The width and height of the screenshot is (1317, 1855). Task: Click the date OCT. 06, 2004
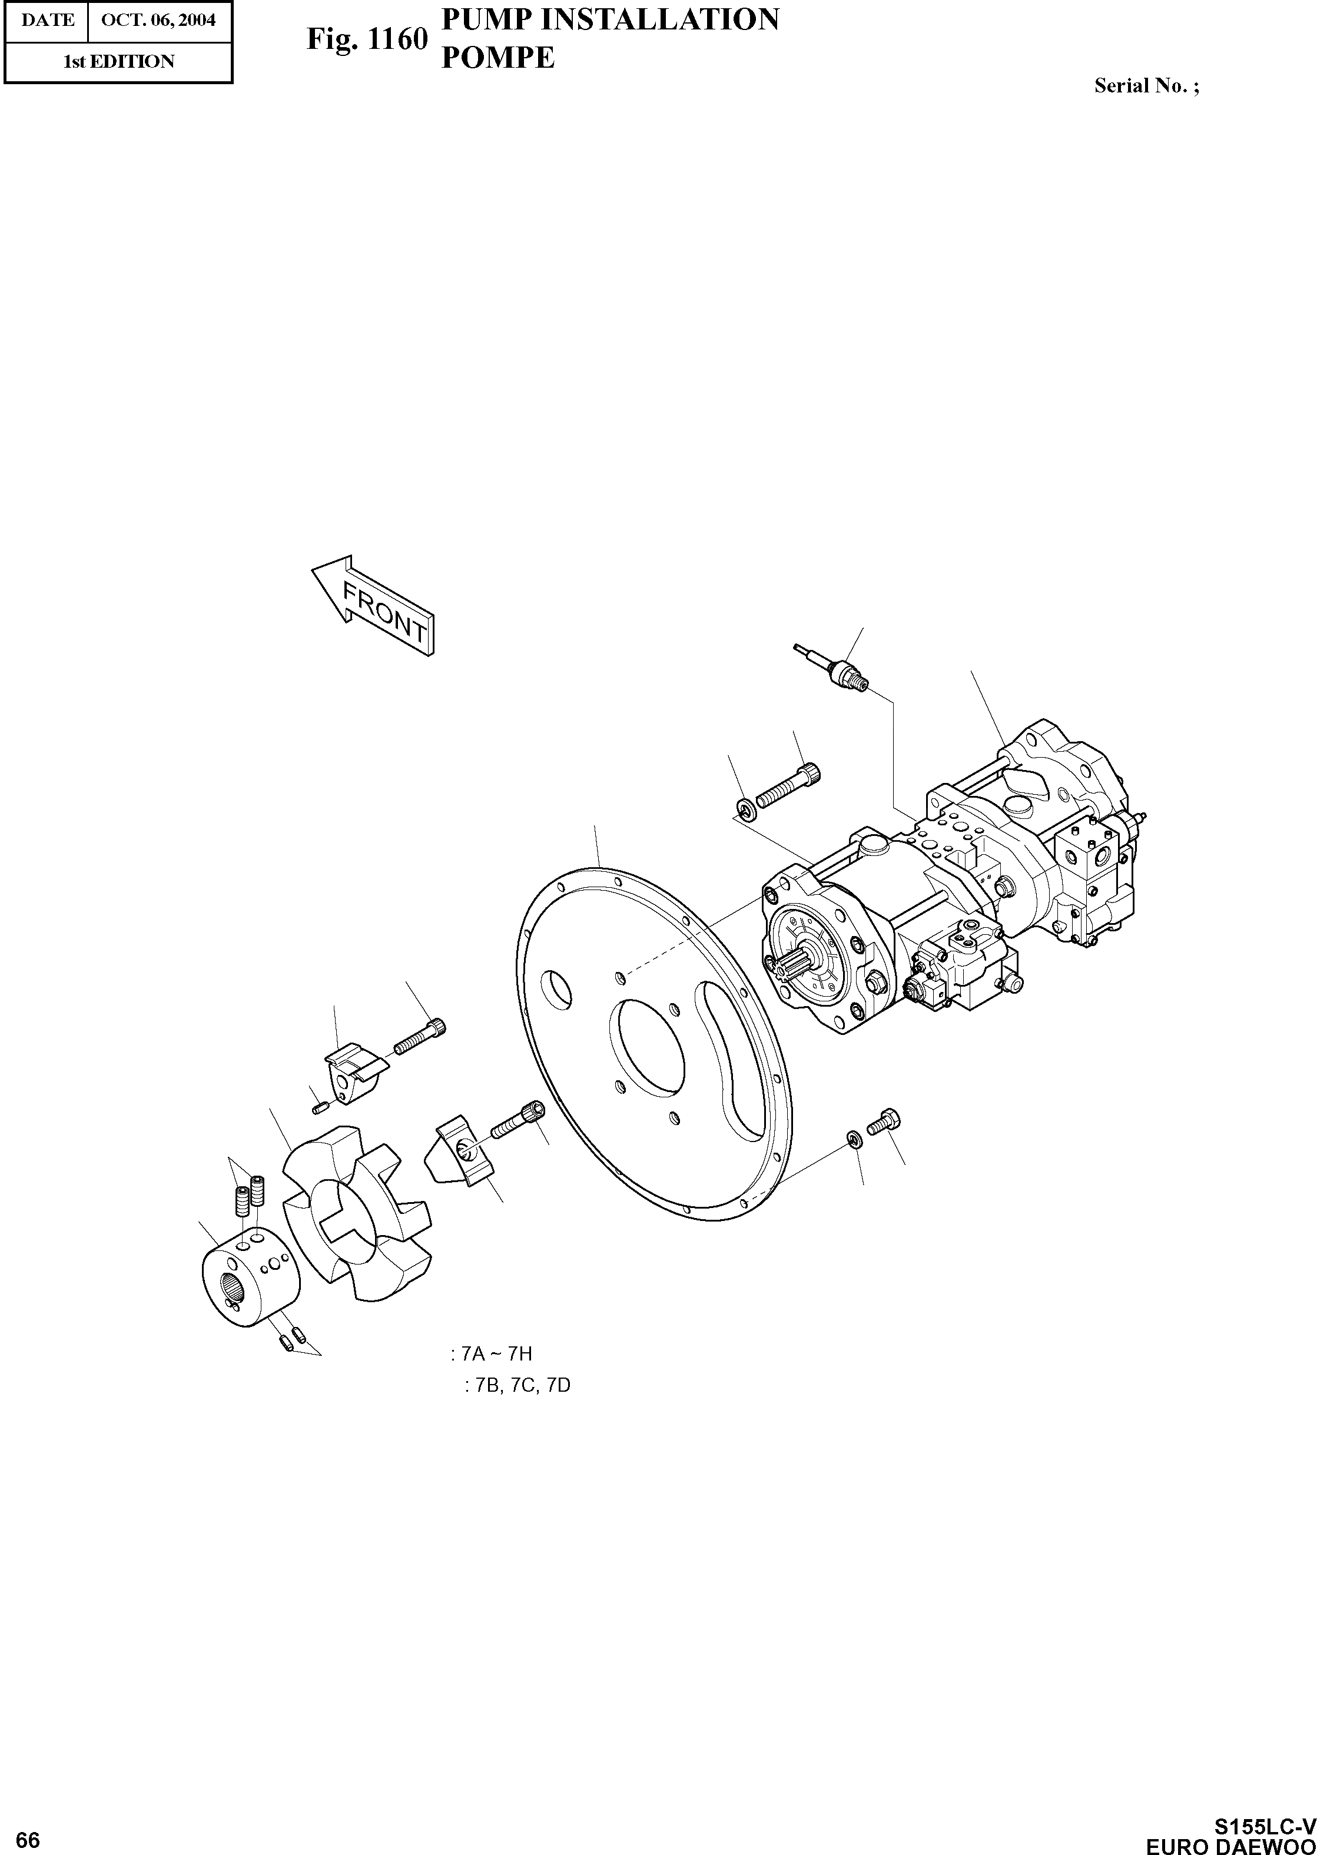(159, 19)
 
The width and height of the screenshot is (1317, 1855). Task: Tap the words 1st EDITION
(118, 62)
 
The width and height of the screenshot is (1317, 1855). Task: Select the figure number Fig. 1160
(367, 39)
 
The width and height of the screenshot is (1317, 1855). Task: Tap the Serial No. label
(1146, 86)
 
